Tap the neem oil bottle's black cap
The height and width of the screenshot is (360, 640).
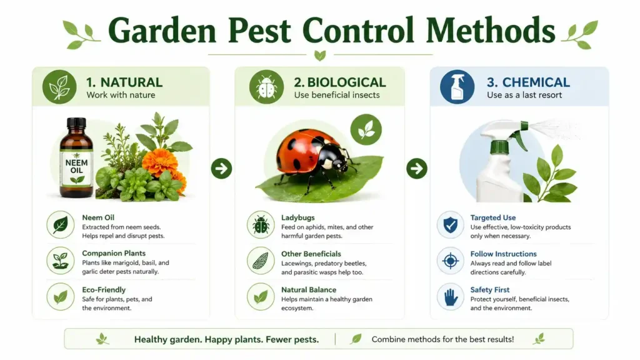[76, 124]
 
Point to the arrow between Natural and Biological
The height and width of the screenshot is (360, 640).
[221, 168]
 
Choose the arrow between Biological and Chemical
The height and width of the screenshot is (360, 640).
[416, 168]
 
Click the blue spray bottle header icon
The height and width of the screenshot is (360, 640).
[457, 87]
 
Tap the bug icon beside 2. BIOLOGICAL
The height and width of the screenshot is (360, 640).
[266, 87]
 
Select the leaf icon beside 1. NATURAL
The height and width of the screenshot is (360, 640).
[59, 87]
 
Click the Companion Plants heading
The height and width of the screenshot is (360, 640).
[114, 254]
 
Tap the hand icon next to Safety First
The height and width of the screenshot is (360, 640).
[450, 297]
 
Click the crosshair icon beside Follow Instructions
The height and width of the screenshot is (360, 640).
[450, 261]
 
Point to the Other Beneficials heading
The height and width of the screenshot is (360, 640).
[311, 254]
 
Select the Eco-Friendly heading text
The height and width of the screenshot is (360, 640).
[104, 290]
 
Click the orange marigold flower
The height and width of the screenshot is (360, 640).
[160, 161]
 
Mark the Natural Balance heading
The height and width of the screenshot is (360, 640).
[309, 290]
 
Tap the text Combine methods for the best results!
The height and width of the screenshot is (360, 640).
[442, 339]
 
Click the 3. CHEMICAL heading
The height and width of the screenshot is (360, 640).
[528, 82]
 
